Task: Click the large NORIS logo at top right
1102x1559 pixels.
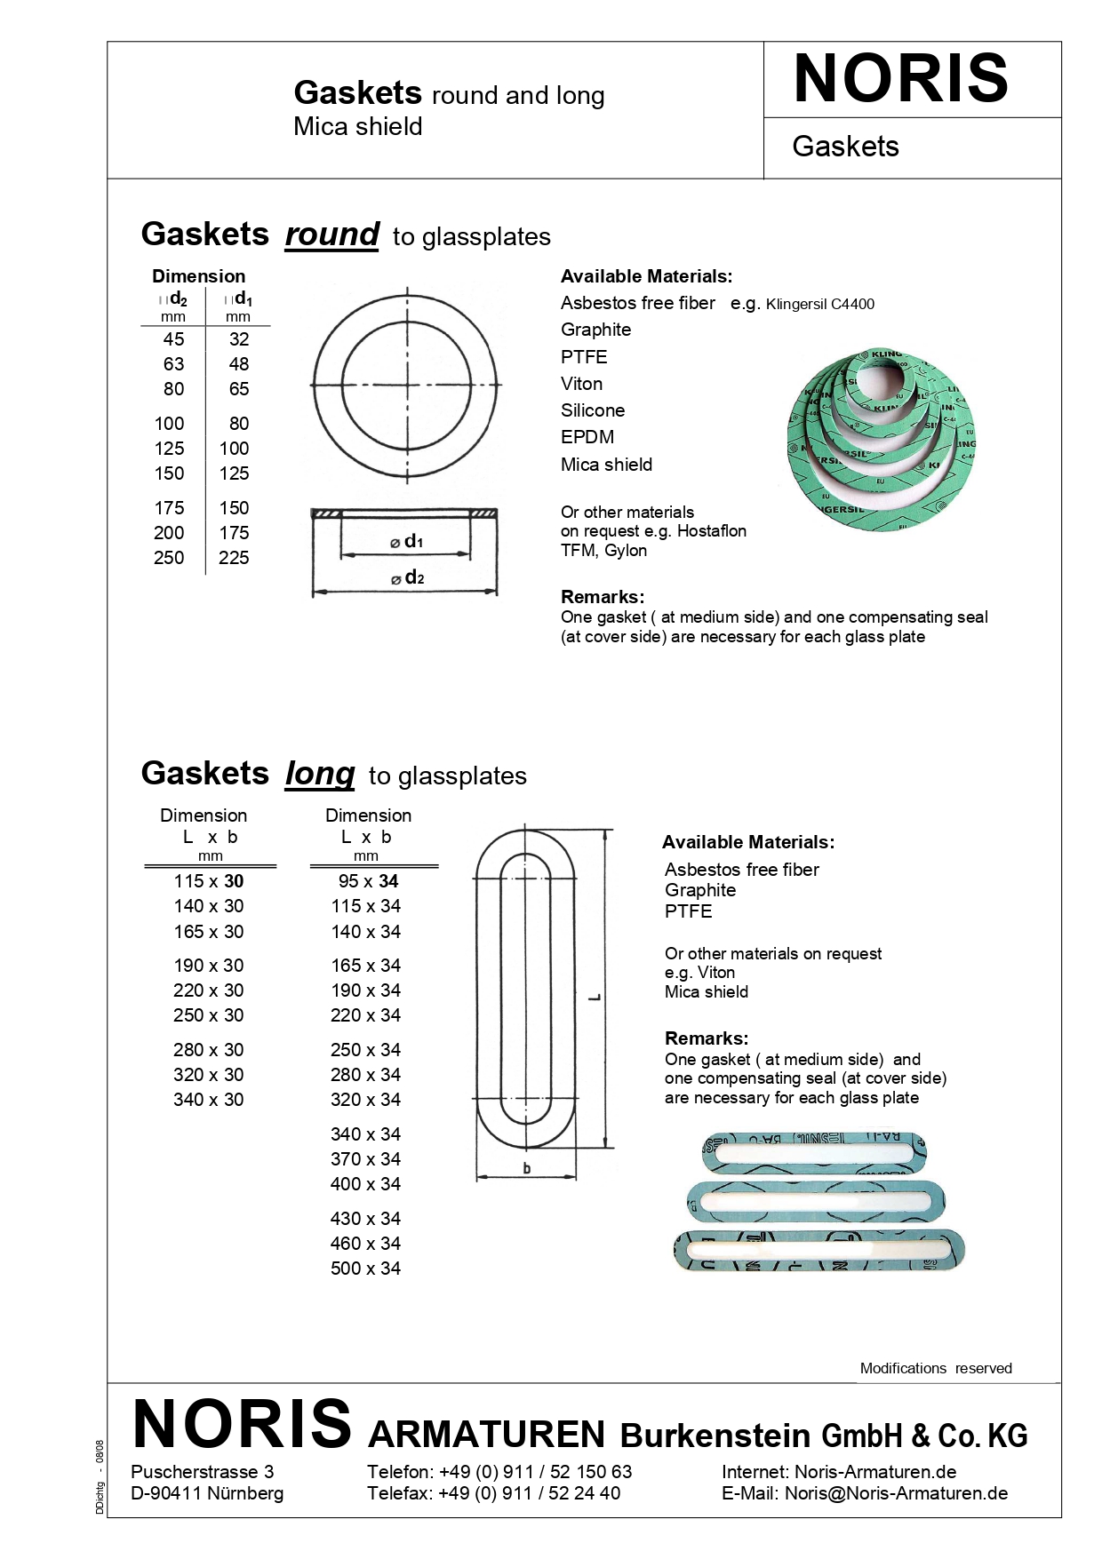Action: pos(900,78)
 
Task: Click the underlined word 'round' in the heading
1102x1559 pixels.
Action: pos(331,235)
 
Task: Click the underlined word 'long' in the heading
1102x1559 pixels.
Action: pos(319,774)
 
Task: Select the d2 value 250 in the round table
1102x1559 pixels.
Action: pos(169,558)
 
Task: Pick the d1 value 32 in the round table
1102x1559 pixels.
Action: pos(238,339)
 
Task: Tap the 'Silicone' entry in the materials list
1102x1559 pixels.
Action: pos(592,410)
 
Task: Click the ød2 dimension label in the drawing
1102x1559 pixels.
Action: pos(408,578)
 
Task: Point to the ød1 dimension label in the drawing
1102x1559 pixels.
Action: pos(407,542)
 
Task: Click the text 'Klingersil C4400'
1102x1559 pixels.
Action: pos(819,305)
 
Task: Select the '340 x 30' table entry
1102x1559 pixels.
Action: pos(208,1100)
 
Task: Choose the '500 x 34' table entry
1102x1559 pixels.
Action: pos(365,1269)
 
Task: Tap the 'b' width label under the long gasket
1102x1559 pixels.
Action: pos(526,1168)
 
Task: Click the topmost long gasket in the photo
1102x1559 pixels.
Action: pos(813,1151)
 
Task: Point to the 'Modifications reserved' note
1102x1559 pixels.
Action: pos(935,1368)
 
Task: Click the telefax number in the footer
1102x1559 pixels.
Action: pos(529,1493)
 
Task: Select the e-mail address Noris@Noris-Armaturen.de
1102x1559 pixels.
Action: pos(896,1493)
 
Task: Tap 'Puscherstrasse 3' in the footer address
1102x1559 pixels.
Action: pos(202,1472)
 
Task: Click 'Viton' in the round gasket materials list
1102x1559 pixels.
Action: pos(581,384)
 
